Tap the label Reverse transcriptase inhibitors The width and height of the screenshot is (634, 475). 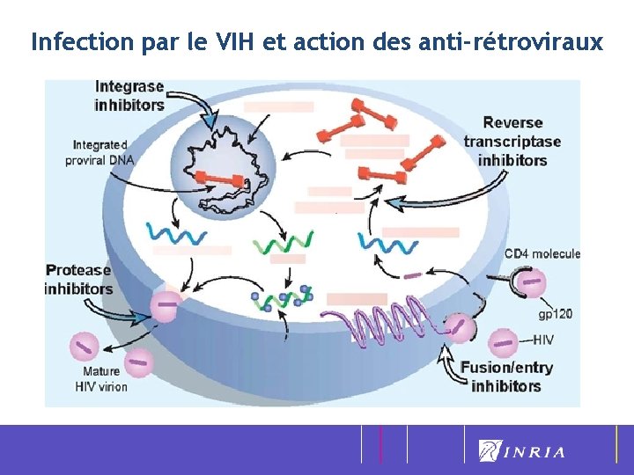(x=512, y=142)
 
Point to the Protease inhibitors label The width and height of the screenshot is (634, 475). (x=78, y=280)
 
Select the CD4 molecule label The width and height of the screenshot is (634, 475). (x=542, y=254)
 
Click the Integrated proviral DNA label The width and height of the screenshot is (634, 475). (x=100, y=152)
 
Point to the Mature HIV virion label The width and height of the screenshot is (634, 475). (x=101, y=379)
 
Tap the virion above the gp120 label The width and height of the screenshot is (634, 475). (x=530, y=282)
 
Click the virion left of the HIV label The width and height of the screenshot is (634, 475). (x=503, y=340)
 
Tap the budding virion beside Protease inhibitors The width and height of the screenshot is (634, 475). (x=166, y=306)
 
